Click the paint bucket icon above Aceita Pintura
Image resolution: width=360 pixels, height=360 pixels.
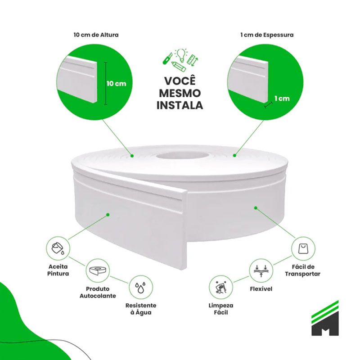[x=58, y=248]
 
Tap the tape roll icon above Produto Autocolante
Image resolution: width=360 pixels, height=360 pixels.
[x=98, y=270]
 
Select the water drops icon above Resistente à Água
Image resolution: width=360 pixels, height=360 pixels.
[x=140, y=288]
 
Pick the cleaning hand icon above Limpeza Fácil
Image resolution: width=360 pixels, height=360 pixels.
[x=220, y=287]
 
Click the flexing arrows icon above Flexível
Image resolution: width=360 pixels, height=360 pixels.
[x=261, y=271]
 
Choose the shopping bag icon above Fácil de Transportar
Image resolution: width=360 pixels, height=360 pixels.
[x=303, y=249]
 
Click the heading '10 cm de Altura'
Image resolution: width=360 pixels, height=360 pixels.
[x=96, y=35]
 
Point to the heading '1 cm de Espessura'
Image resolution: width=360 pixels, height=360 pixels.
[x=267, y=35]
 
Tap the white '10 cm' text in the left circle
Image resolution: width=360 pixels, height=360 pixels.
[x=117, y=84]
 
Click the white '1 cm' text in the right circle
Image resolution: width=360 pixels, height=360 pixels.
[x=282, y=99]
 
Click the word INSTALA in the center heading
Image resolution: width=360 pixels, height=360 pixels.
[x=180, y=105]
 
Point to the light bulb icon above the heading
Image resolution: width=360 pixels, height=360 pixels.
[x=181, y=55]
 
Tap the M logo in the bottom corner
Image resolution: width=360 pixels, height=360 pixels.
[x=325, y=318]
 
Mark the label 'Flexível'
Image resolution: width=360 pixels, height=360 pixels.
[x=261, y=288]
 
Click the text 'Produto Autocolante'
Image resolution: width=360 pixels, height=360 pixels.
[x=98, y=292]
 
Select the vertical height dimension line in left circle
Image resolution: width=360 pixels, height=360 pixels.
[x=106, y=83]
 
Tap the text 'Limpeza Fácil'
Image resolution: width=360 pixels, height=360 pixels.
[x=221, y=309]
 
